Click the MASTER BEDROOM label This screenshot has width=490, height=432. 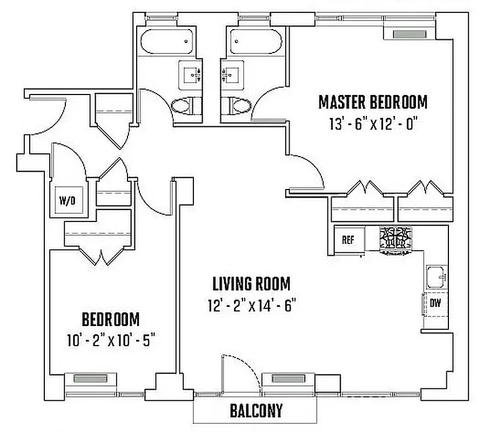[x=372, y=102]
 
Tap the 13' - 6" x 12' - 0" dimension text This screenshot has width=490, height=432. [x=372, y=124]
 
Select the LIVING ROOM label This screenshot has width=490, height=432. [x=251, y=283]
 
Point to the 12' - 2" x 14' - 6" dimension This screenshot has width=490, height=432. [x=251, y=306]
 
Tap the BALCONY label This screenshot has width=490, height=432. [x=256, y=411]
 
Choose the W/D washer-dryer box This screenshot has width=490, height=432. [x=68, y=201]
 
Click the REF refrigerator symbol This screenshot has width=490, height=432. [x=348, y=239]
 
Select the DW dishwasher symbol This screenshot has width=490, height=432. [x=435, y=303]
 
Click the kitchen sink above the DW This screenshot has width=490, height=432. [x=435, y=278]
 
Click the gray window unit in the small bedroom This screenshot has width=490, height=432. [x=90, y=379]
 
